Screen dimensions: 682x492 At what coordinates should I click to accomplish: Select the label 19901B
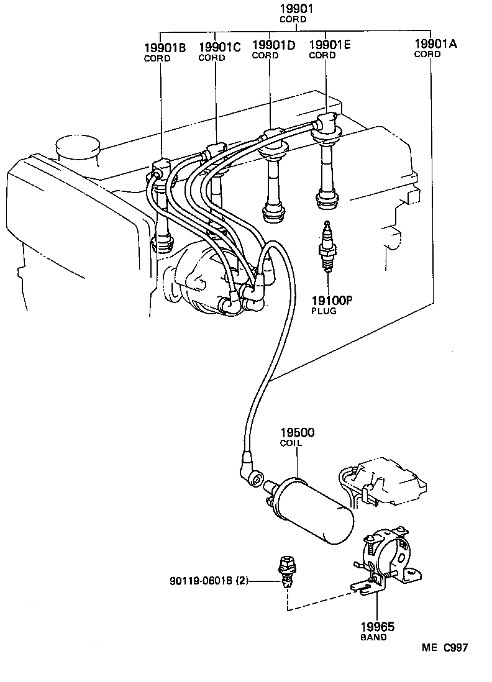tap(165, 48)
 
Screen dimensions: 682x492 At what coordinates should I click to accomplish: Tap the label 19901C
tap(219, 47)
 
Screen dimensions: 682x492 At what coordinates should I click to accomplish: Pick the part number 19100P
tap(332, 301)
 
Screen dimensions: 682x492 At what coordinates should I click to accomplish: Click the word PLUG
tap(324, 311)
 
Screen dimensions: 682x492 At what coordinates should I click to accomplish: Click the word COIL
tap(291, 443)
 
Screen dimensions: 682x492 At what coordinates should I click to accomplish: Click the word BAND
tap(373, 637)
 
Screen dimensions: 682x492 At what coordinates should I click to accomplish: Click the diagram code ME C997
tap(444, 648)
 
